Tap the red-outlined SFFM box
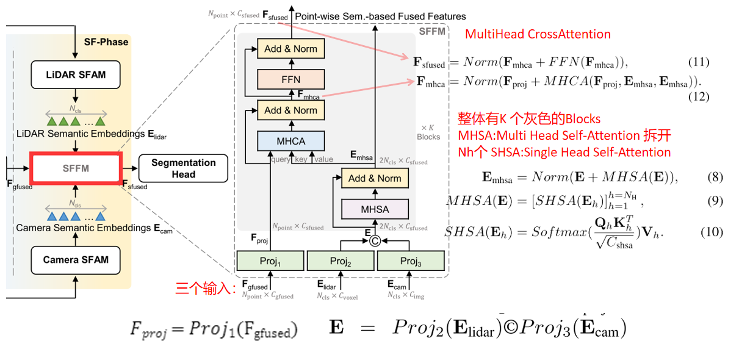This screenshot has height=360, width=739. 76,168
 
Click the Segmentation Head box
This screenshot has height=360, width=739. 183,168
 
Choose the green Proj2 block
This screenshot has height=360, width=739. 339,261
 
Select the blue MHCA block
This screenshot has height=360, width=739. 290,142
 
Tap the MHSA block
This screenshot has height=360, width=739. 375,209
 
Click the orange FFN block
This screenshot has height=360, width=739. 290,79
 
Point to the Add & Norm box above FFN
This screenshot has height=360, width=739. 290,49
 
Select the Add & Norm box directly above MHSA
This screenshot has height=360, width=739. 375,179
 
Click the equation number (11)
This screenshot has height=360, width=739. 698,62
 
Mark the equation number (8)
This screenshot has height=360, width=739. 715,178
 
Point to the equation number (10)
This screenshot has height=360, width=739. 712,232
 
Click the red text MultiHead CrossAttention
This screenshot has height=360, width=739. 537,34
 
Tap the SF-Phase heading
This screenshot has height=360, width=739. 106,42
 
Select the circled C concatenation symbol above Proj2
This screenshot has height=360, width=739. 375,240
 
